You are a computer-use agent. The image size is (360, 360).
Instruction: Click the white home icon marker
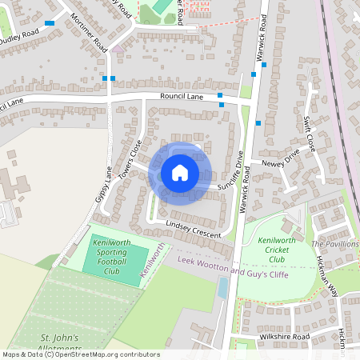(180, 173)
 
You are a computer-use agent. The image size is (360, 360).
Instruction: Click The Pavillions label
(334, 243)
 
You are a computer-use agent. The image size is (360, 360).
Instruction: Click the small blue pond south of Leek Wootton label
(222, 289)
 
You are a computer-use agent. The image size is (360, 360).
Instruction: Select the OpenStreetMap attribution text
(80, 354)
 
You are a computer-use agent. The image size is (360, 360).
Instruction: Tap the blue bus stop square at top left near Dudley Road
(50, 23)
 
